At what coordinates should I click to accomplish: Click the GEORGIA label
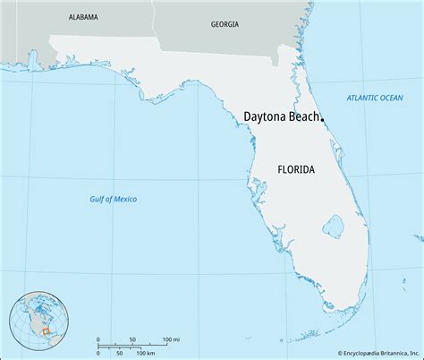(x=224, y=25)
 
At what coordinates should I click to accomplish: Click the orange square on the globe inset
(x=44, y=331)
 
